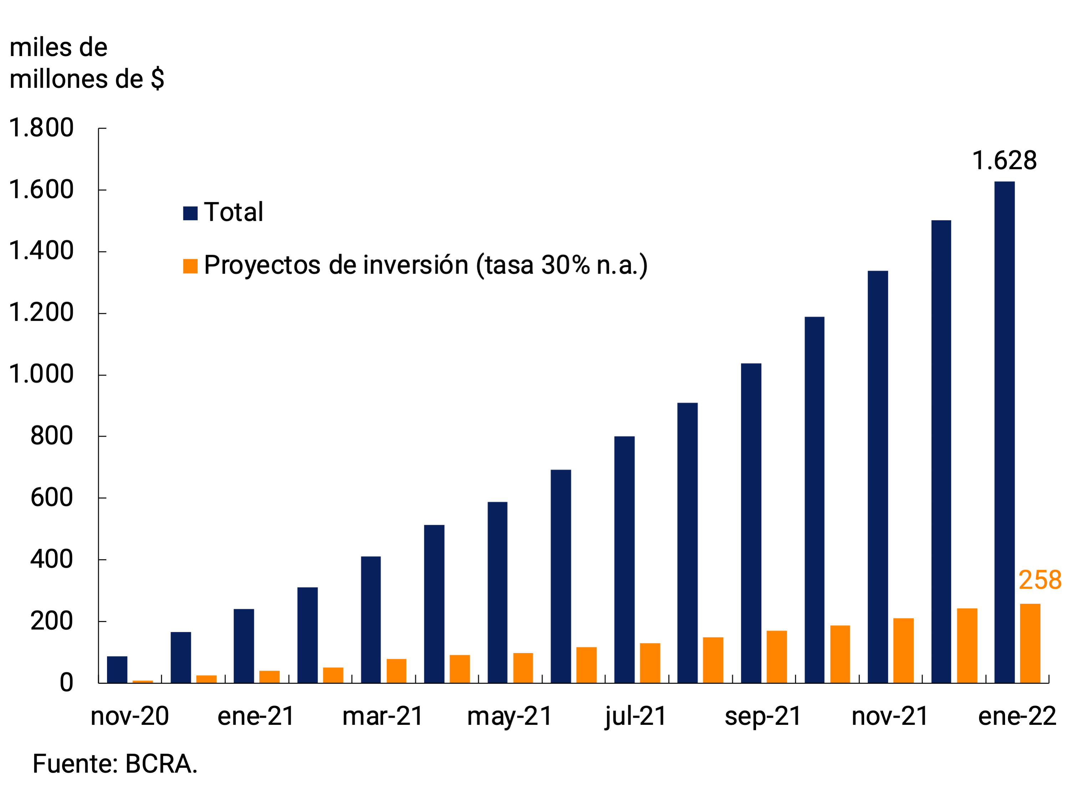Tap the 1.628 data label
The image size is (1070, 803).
1004,161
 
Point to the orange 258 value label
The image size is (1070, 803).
1040,580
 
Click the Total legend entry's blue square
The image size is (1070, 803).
190,213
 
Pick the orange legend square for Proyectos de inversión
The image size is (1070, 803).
190,266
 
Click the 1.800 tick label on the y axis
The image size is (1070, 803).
41,128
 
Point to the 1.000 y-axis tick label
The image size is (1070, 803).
41,374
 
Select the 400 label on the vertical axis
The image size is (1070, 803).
51,559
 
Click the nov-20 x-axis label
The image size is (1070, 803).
130,716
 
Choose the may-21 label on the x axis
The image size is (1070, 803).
509,716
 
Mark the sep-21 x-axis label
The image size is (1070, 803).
763,716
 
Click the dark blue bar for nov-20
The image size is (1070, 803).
117,669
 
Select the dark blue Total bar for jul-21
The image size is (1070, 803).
624,559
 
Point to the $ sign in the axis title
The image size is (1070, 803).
157,79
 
